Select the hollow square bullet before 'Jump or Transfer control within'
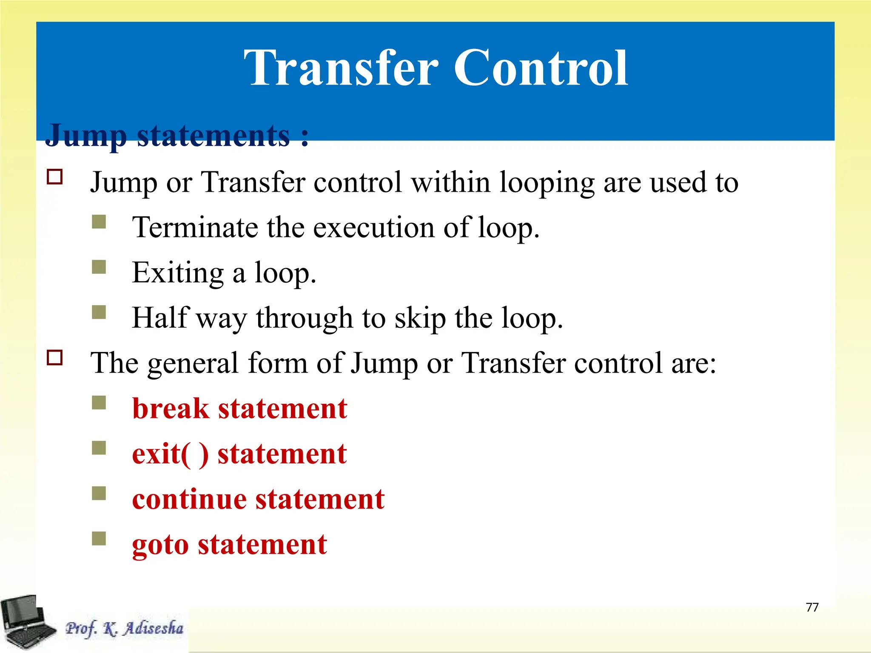pos(55,176)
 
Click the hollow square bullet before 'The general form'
pos(55,358)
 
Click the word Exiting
pos(178,273)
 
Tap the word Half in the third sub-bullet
pos(159,318)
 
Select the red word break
pos(171,409)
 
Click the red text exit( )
pos(170,454)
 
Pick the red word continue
pos(189,499)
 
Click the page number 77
pos(812,607)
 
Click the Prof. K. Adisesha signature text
pos(124,628)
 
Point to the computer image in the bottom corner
pos(26,622)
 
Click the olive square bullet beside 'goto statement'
pos(99,538)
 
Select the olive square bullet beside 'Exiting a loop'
pos(99,267)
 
